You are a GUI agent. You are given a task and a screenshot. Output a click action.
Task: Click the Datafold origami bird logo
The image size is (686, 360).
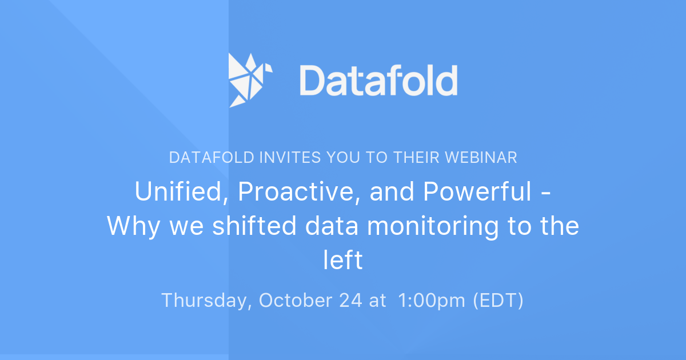tap(250, 80)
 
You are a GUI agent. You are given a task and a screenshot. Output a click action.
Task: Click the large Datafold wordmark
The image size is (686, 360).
tap(378, 80)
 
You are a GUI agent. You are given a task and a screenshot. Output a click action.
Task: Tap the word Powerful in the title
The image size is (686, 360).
tap(477, 191)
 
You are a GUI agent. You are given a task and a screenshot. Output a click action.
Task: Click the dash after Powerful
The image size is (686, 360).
tap(546, 194)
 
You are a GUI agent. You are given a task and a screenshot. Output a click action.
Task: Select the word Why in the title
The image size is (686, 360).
tap(134, 226)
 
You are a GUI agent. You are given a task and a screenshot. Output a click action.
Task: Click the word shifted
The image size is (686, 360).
tap(254, 225)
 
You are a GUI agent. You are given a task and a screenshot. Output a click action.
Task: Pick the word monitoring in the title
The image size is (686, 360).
tap(433, 226)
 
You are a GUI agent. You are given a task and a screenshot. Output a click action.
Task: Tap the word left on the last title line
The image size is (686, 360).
tap(343, 259)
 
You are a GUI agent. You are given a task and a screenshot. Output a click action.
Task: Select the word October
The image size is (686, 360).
tap(296, 301)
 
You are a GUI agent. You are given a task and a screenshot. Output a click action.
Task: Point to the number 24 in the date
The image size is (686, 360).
tap(351, 301)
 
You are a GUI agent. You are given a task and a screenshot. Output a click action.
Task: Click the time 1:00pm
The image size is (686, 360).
tap(432, 301)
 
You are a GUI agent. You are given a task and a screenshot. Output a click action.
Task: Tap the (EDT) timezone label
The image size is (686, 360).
tap(498, 301)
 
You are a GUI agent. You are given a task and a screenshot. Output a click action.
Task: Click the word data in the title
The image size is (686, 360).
tap(332, 225)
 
